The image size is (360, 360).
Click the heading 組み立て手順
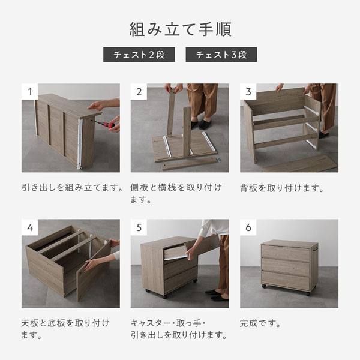pos(180,29)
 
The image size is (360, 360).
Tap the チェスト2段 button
pos(139,55)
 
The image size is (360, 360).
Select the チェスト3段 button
pos(221,55)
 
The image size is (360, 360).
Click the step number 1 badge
pos(29,92)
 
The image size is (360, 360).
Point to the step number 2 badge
pos(139,92)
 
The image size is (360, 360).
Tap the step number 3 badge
pos(248,92)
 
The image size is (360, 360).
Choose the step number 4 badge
pos(29,227)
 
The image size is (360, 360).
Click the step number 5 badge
pos(139,227)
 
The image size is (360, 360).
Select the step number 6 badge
pos(248,227)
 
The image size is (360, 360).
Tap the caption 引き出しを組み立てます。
pos(73,188)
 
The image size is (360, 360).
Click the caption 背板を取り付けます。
pos(282,188)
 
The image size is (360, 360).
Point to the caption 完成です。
pos(260,323)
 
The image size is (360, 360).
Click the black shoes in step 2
pos(202,124)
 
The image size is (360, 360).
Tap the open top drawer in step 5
pos(176,252)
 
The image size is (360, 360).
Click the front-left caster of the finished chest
pos(264,286)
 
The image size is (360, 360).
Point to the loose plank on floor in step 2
pos(190,164)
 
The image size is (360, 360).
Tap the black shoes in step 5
pos(217,295)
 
